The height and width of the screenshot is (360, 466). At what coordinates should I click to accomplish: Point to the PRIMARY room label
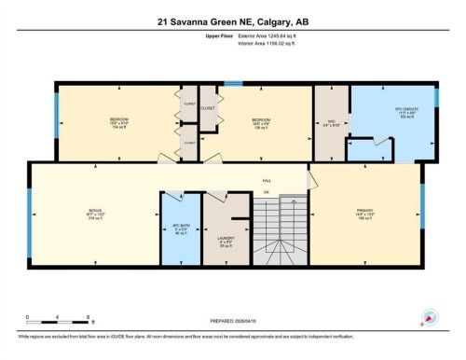tap(365, 213)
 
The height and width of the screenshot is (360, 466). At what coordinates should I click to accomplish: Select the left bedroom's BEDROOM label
tap(118, 121)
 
